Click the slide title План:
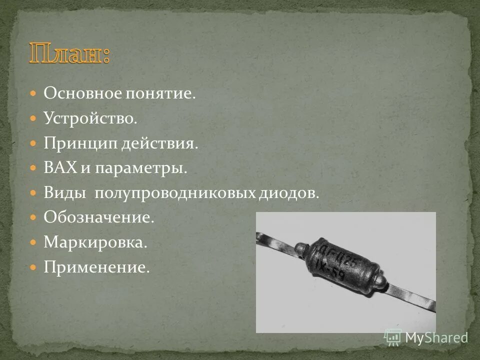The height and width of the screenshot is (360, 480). tap(69, 54)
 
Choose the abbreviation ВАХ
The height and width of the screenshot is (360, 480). tap(59, 168)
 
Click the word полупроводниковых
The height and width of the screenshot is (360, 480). tap(174, 193)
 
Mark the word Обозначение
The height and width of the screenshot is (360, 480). tap(98, 217)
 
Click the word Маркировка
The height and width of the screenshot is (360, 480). tap(95, 242)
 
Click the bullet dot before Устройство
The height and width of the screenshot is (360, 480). tap(33, 119)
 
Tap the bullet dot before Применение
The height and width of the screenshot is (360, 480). tap(33, 267)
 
